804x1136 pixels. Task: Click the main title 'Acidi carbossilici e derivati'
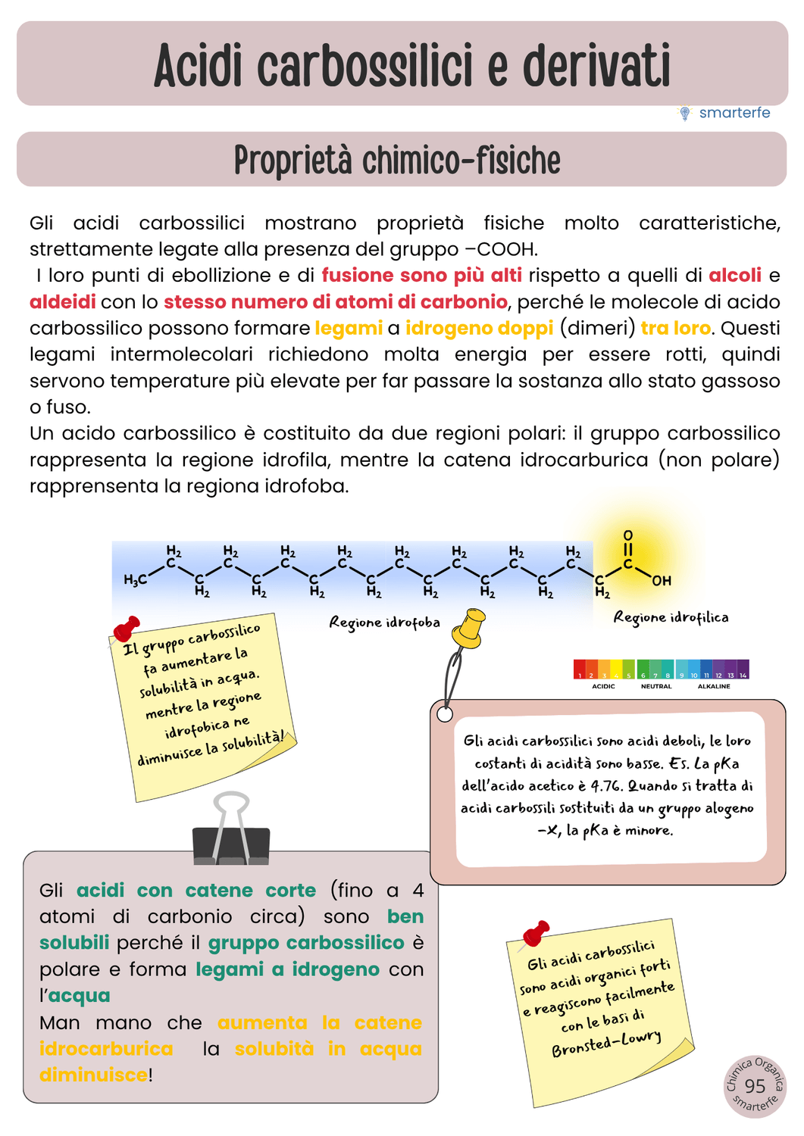point(412,65)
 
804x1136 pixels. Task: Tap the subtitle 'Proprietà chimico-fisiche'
point(398,160)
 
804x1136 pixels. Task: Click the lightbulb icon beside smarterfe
point(685,113)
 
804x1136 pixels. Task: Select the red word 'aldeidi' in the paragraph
point(62,302)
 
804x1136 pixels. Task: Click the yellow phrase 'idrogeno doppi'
point(479,328)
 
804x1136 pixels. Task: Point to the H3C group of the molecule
point(135,580)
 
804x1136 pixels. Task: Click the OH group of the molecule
point(662,581)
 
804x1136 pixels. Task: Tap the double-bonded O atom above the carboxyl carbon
point(628,535)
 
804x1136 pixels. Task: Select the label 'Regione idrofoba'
point(384,623)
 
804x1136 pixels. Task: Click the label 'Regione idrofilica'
point(671,618)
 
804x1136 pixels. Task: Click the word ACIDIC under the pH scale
point(603,686)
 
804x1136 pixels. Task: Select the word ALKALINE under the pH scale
point(714,686)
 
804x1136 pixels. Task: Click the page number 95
point(755,1086)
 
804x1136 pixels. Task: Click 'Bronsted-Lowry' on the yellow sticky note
point(606,1043)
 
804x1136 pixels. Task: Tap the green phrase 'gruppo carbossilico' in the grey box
point(306,943)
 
